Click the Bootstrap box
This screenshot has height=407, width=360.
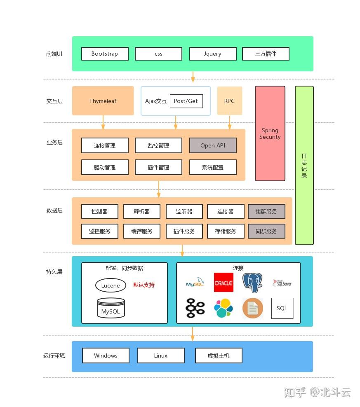pyautogui.click(x=105, y=54)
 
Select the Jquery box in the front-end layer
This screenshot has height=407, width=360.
pyautogui.click(x=213, y=54)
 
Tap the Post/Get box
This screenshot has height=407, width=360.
pyautogui.click(x=186, y=101)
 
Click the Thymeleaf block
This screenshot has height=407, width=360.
pyautogui.click(x=103, y=101)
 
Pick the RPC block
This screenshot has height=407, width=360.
pyautogui.click(x=230, y=101)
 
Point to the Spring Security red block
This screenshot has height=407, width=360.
pyautogui.click(x=270, y=133)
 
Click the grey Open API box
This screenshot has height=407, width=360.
pyautogui.click(x=213, y=145)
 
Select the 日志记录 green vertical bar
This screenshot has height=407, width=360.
pyautogui.click(x=304, y=165)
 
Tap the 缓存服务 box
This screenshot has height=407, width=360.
pyautogui.click(x=142, y=231)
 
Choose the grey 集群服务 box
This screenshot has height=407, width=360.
pyautogui.click(x=266, y=212)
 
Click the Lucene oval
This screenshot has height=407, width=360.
pyautogui.click(x=111, y=285)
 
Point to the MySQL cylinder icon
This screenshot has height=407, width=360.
pyautogui.click(x=111, y=308)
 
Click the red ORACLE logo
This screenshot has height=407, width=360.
pyautogui.click(x=224, y=283)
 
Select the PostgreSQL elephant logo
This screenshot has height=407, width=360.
pyautogui.click(x=252, y=283)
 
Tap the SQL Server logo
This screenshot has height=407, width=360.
pyautogui.click(x=282, y=283)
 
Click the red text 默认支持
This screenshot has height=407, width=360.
pyautogui.click(x=144, y=285)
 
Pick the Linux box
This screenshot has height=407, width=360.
pyautogui.click(x=161, y=356)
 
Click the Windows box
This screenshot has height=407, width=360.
pyautogui.click(x=106, y=356)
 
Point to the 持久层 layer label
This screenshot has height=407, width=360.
pyautogui.click(x=54, y=272)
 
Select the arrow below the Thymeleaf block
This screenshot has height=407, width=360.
pyautogui.click(x=103, y=122)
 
